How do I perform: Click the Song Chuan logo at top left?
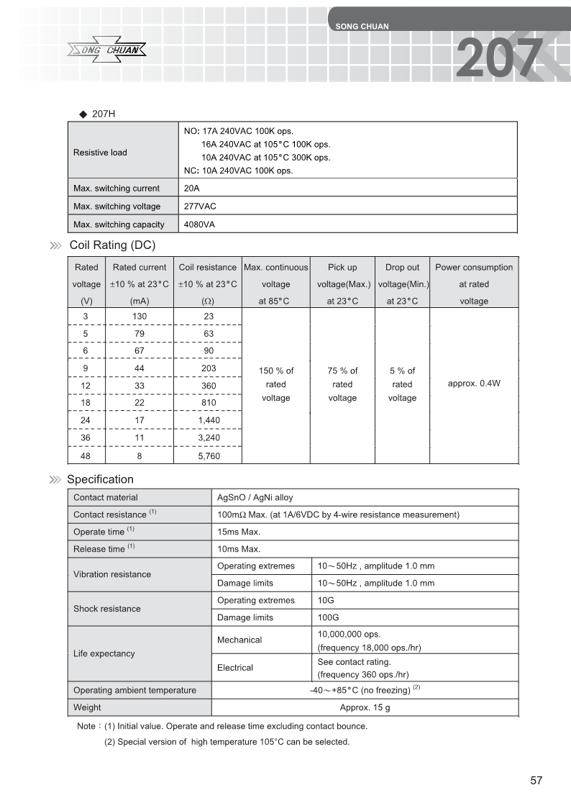109,50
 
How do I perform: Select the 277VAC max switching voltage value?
200,206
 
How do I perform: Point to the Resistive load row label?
100,152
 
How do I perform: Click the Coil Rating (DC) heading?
112,245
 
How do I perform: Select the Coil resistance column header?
207,283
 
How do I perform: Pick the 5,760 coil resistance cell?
208,455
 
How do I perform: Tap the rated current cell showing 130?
140,317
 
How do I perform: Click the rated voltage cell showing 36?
86,437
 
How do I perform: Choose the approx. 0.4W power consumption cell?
473,383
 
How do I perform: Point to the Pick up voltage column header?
342,283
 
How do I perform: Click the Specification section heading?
100,479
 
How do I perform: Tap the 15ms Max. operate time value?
239,532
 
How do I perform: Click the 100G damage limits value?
328,617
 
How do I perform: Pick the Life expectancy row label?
104,653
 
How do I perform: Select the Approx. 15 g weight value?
365,707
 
